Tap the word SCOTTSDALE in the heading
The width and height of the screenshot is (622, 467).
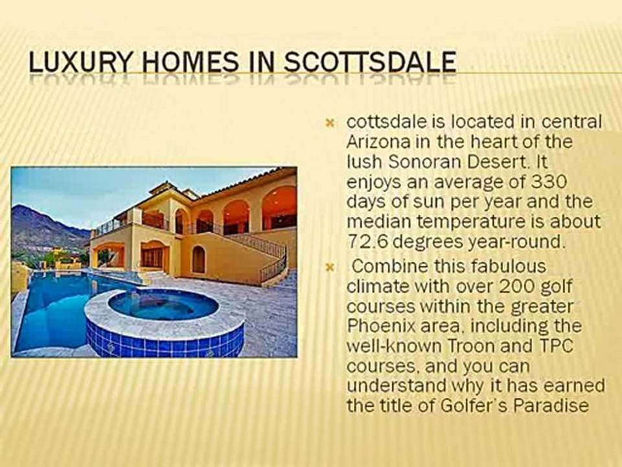[371, 63]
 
